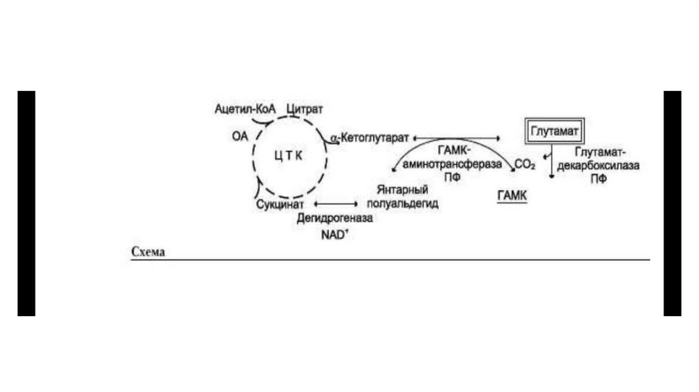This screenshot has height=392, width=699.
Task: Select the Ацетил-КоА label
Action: [244, 109]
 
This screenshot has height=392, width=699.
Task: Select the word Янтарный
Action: [402, 189]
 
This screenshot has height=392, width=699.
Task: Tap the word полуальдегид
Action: [403, 204]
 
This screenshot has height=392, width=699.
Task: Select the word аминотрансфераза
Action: [450, 165]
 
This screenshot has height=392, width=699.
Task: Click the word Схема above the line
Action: [148, 252]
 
